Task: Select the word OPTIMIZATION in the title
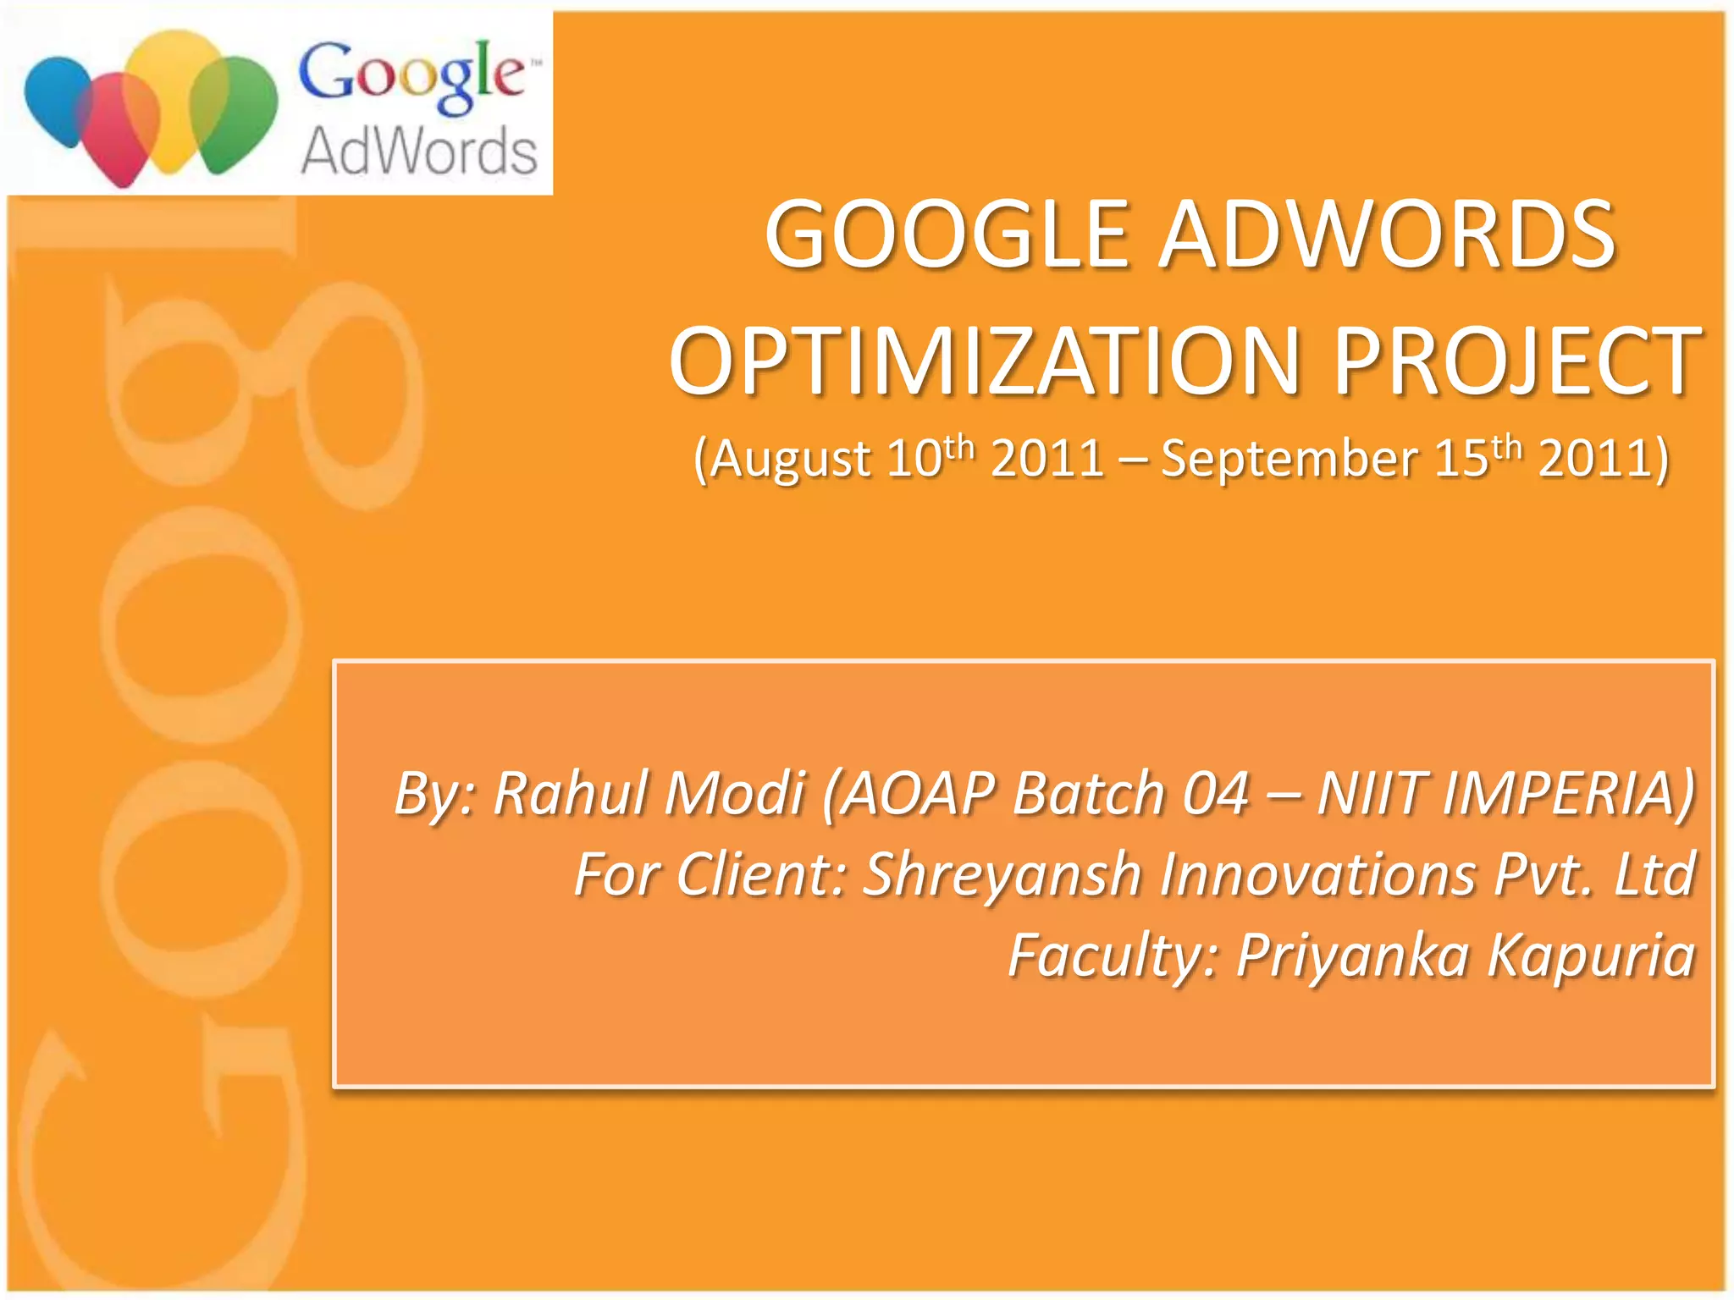[x=985, y=361]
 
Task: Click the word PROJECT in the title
[x=1516, y=361]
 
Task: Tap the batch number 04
[x=1216, y=794]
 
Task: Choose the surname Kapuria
[x=1592, y=956]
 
